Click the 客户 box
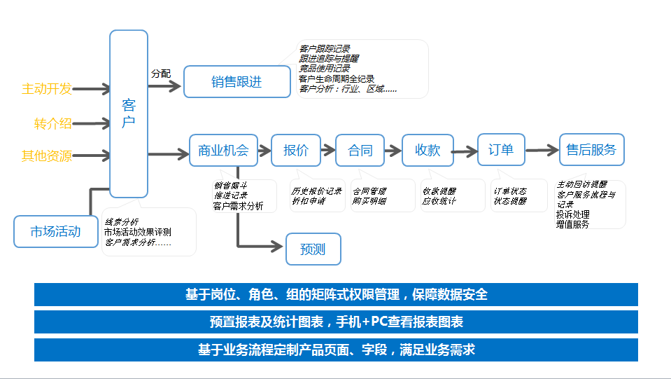click(129, 113)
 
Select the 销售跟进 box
click(236, 81)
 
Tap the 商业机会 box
click(224, 150)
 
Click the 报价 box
click(296, 150)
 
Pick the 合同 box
click(360, 150)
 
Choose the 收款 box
click(428, 150)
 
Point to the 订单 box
click(501, 149)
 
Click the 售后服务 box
click(591, 149)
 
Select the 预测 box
click(313, 249)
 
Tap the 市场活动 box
click(55, 232)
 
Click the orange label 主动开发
click(47, 89)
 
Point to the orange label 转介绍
click(53, 124)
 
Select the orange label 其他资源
click(47, 156)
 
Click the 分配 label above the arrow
click(160, 73)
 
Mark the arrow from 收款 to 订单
click(465, 151)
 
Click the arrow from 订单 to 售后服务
click(542, 150)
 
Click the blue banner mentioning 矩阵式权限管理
click(336, 295)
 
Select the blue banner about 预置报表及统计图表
click(336, 322)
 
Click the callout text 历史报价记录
click(316, 191)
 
